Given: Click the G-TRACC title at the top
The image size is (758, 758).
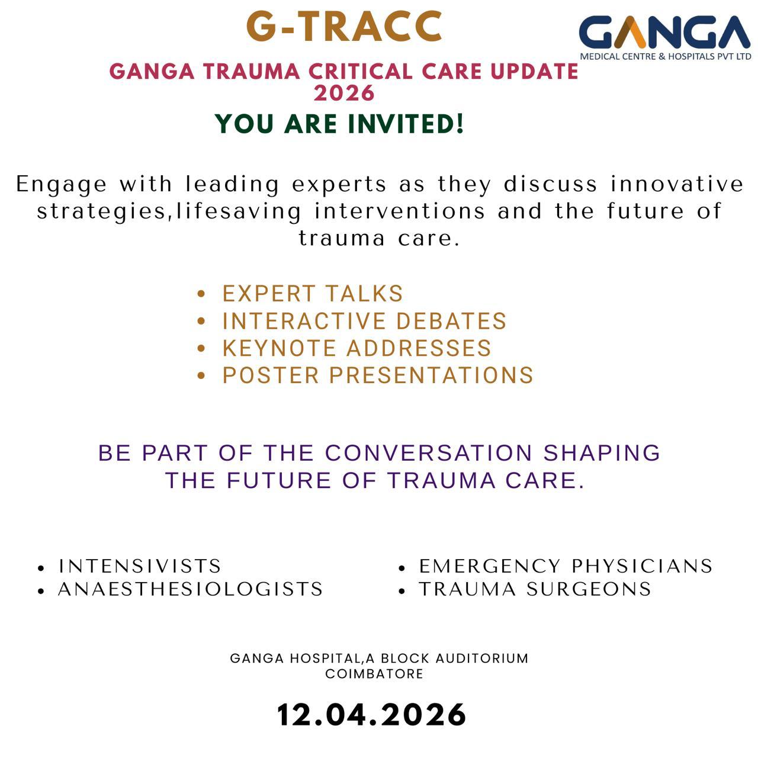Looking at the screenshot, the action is [344, 27].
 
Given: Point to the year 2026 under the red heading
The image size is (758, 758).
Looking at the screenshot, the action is [344, 93].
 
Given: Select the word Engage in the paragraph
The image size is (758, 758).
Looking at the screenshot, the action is [62, 185].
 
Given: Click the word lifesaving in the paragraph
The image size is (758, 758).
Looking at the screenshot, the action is [239, 211].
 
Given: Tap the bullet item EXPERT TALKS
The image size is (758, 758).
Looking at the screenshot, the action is [313, 294].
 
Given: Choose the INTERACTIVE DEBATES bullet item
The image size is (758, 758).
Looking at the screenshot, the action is [364, 320].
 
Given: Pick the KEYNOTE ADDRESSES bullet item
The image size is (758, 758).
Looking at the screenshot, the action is [356, 348].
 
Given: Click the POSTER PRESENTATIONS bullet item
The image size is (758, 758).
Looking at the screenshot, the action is [378, 375].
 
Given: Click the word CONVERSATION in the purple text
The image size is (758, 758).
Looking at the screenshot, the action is [428, 453].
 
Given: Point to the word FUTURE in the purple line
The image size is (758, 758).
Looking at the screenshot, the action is [279, 481].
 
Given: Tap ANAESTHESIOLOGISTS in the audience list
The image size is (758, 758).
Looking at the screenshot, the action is [190, 589].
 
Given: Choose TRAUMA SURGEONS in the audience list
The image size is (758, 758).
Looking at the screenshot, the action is [535, 589].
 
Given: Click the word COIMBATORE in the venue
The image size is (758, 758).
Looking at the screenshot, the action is [374, 674].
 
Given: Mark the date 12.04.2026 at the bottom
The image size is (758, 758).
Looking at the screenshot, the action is [371, 715].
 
